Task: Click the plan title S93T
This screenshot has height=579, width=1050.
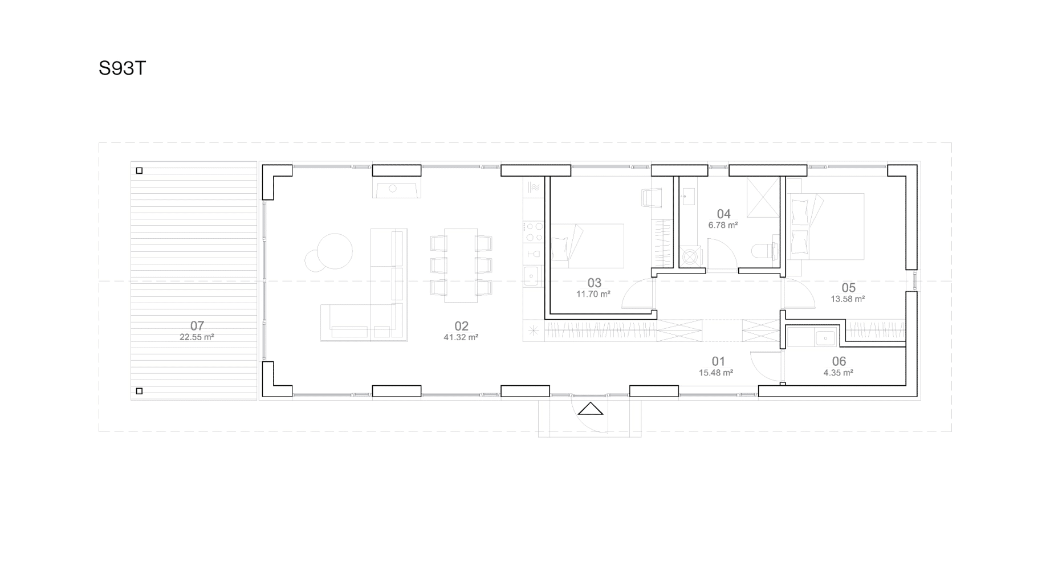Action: [x=123, y=68]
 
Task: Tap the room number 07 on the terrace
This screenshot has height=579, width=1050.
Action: [x=197, y=326]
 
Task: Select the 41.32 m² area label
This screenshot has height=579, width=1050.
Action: [x=461, y=337]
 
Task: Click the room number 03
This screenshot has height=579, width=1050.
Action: [x=595, y=283]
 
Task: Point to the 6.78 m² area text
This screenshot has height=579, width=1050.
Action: [x=723, y=225]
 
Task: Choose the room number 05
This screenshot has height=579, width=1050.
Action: [x=848, y=288]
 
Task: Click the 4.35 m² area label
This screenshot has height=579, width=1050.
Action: [x=838, y=373]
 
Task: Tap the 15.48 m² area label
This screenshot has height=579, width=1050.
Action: [x=716, y=373]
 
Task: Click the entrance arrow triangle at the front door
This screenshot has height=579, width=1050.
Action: [x=591, y=409]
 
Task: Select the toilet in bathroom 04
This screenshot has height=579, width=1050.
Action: [x=764, y=250]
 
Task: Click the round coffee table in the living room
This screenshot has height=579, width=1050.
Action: [x=335, y=251]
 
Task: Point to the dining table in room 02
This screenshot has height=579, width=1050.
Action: [x=461, y=266]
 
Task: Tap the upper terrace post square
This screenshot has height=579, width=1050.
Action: [x=139, y=170]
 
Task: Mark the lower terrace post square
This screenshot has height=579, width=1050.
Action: [x=139, y=391]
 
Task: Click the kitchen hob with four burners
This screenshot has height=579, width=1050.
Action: [x=534, y=231]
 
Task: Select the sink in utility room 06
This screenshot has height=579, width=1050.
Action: [x=825, y=338]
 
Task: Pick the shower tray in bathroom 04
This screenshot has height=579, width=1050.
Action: [x=763, y=197]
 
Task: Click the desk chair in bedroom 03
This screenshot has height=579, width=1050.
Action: [x=652, y=198]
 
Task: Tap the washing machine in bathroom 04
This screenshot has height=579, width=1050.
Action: [x=690, y=256]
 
